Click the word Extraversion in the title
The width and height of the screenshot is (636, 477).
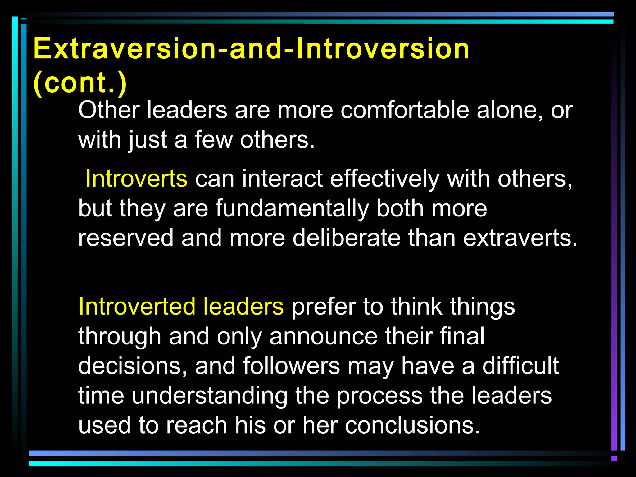124,49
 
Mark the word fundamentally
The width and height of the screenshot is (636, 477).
292,208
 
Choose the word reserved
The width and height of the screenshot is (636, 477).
126,238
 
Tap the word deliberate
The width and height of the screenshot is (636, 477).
347,238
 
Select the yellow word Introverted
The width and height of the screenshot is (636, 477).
137,307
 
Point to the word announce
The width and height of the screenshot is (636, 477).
323,336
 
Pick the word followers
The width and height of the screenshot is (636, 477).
291,366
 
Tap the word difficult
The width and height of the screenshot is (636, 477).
520,366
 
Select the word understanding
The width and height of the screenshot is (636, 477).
210,396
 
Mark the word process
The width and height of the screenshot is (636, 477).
379,396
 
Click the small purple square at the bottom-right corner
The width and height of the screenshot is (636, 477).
614,458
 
